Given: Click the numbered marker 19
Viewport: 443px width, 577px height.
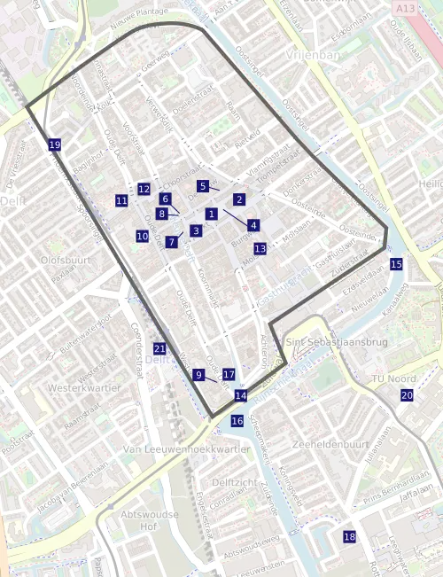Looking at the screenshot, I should coord(55,144).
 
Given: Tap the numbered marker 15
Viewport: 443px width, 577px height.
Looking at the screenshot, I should coord(396,264).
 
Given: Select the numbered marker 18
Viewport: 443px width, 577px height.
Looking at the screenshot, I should coord(349,536).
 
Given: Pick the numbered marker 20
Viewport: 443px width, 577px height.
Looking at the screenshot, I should coord(407,395).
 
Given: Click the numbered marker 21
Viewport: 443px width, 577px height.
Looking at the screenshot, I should coord(159,348).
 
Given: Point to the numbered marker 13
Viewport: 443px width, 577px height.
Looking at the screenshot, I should coord(260,249).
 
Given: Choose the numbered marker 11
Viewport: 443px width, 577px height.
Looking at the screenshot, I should coord(121,201).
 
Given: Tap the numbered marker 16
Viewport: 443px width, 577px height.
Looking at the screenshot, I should coord(237,421).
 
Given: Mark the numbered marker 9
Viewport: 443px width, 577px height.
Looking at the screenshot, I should coord(198,375).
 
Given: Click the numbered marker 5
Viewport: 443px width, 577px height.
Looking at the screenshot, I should coord(203,186).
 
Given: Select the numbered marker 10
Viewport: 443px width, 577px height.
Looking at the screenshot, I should coord(142,237).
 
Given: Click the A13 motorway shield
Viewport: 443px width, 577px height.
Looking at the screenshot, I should coord(404,7).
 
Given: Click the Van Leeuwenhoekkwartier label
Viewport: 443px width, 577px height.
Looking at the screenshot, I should coord(187,449).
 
